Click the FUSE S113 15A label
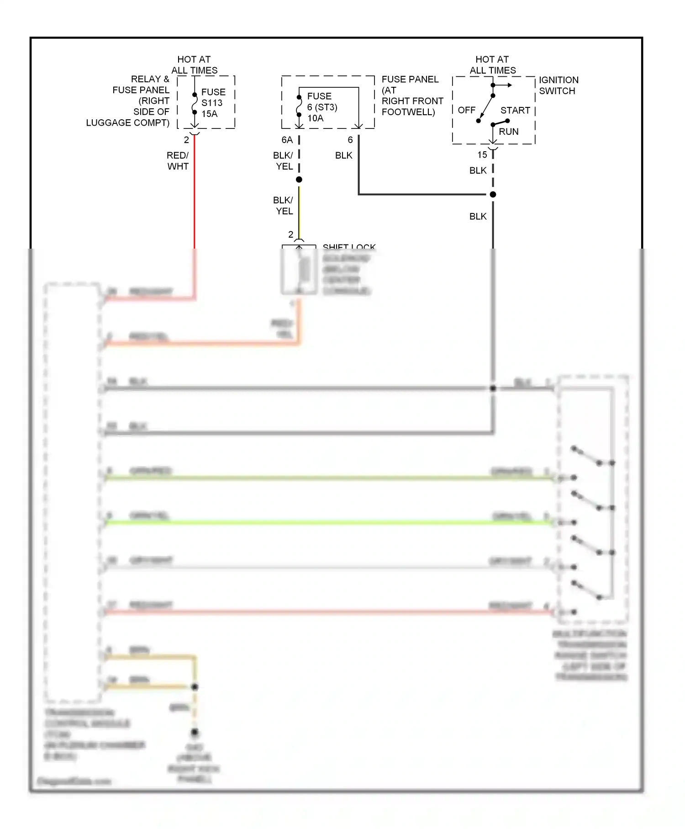(213, 103)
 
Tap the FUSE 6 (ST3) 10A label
(321, 107)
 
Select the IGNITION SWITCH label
(558, 85)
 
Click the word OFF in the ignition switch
(466, 110)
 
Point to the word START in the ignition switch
(515, 110)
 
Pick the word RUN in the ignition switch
(508, 132)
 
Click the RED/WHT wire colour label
(178, 161)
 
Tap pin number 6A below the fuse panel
(287, 140)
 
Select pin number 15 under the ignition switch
(482, 155)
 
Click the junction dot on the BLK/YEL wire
(299, 180)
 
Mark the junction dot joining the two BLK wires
(493, 195)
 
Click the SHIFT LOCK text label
(349, 247)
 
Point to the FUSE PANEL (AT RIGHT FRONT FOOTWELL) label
(412, 96)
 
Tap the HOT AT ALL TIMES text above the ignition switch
(492, 65)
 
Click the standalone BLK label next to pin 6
(343, 155)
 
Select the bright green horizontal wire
(320, 522)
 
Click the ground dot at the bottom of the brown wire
(195, 733)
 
